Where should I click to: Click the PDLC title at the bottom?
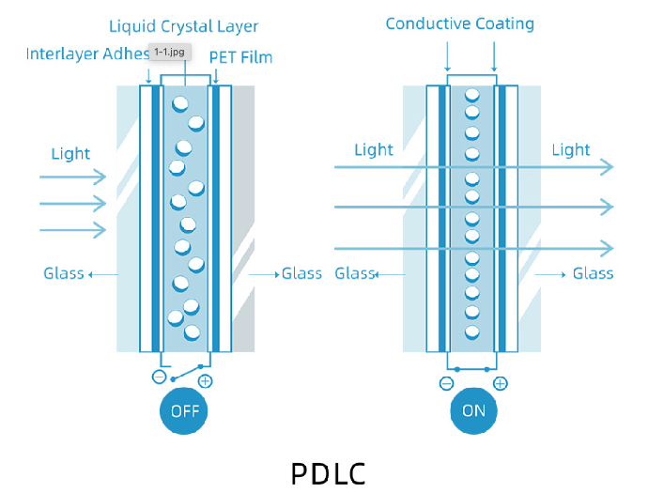click(328, 471)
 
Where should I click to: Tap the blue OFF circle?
click(184, 410)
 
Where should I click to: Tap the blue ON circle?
click(473, 410)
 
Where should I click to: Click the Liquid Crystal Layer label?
click(183, 25)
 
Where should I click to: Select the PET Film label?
click(240, 58)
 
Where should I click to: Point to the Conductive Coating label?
click(459, 23)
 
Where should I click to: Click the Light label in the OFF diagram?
click(70, 153)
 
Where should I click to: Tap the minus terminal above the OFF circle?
click(160, 379)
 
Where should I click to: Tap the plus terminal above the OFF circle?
click(206, 380)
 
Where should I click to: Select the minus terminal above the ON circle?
click(446, 383)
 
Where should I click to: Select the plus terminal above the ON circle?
click(501, 383)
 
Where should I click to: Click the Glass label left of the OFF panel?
click(63, 274)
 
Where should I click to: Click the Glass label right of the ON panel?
click(593, 274)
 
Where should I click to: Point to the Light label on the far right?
click(570, 149)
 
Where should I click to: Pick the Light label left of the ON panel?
click(374, 149)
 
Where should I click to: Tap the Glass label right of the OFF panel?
click(301, 274)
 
